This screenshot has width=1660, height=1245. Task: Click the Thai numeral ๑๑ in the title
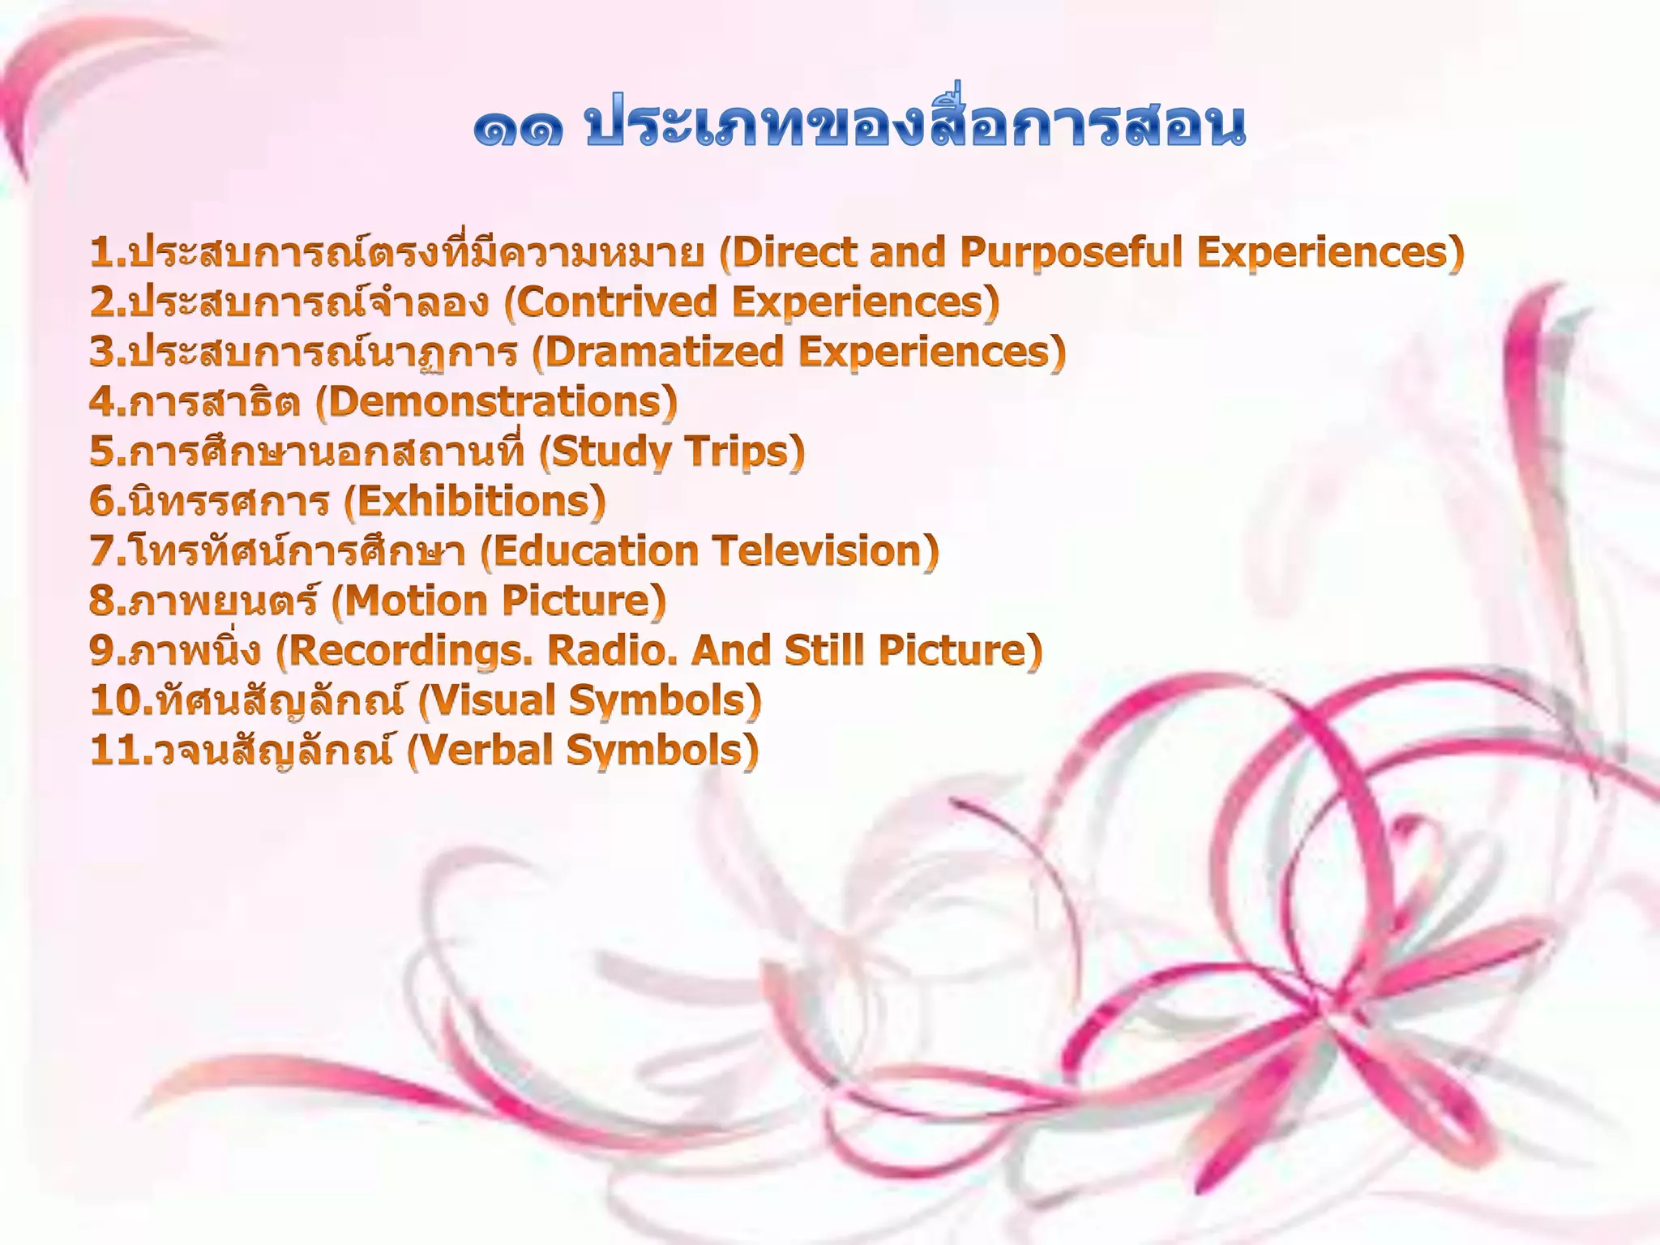tap(519, 128)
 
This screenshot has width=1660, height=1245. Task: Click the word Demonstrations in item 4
tap(496, 401)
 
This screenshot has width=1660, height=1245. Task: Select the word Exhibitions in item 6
tap(474, 501)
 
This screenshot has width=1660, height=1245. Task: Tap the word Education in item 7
tap(595, 551)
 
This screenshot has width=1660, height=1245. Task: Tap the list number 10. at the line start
tap(122, 700)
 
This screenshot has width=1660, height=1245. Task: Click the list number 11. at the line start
tap(122, 751)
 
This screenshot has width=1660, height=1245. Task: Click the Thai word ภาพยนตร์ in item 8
tap(224, 601)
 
